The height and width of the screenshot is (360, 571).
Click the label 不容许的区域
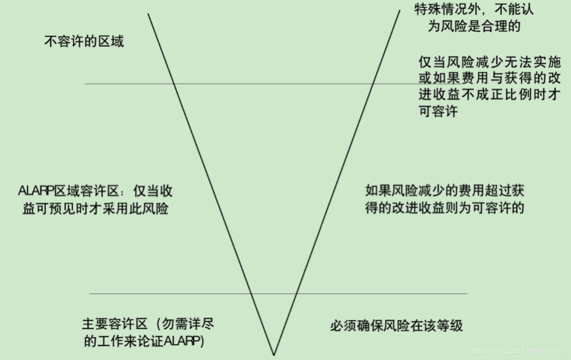(84, 42)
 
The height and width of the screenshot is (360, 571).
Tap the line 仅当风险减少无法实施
(490, 62)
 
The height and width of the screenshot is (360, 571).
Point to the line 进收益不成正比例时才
(489, 95)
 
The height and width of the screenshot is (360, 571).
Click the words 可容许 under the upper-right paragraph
(438, 111)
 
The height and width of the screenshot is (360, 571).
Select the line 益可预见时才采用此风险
(95, 209)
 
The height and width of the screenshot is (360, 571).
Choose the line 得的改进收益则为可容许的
(444, 208)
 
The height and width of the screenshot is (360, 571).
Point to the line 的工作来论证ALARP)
(144, 341)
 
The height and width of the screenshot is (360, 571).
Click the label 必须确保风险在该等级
(396, 325)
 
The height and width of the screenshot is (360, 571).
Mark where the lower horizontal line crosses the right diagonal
(296, 293)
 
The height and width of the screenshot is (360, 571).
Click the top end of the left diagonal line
(148, 14)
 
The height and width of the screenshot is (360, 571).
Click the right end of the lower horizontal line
(467, 293)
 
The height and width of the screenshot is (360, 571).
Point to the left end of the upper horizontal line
(86, 84)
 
